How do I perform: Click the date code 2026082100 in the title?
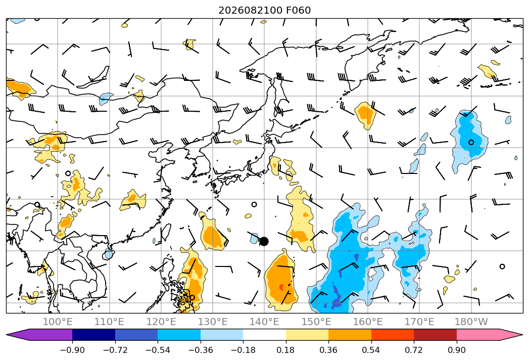pyautogui.click(x=251, y=10)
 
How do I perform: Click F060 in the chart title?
pyautogui.click(x=299, y=10)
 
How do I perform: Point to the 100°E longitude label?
pyautogui.click(x=58, y=322)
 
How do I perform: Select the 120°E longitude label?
pyautogui.click(x=161, y=322)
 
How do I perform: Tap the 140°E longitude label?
pyautogui.click(x=264, y=322)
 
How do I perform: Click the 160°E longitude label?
pyautogui.click(x=368, y=322)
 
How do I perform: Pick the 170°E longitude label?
pyautogui.click(x=419, y=322)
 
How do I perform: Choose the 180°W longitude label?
pyautogui.click(x=471, y=322)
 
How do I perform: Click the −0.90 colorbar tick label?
pyautogui.click(x=72, y=350)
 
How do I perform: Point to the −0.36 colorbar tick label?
pyautogui.click(x=201, y=350)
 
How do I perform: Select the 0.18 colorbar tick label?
pyautogui.click(x=286, y=350)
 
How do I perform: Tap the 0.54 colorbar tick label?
pyautogui.click(x=371, y=350)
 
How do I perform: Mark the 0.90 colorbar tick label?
pyautogui.click(x=456, y=350)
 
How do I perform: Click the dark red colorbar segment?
pyautogui.click(x=435, y=334)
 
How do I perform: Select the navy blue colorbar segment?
pyautogui.click(x=94, y=334)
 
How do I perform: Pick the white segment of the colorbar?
pyautogui.click(x=265, y=334)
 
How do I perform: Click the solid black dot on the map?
pyautogui.click(x=264, y=242)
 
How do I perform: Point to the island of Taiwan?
pyautogui.click(x=166, y=233)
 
